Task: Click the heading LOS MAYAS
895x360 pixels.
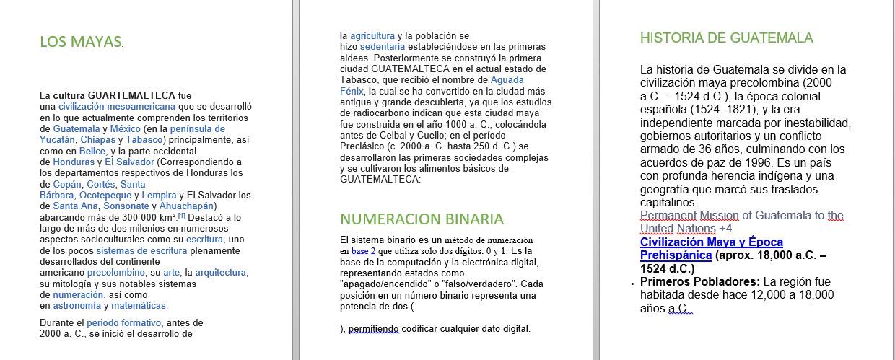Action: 81,42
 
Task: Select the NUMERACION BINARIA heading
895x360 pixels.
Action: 422,219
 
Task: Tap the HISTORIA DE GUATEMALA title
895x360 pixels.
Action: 726,38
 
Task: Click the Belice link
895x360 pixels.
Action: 92,151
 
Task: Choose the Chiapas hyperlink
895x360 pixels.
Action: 96,140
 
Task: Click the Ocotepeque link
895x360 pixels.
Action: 105,196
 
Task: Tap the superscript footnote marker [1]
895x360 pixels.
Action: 182,216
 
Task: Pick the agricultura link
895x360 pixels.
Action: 372,35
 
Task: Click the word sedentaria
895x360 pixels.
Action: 383,47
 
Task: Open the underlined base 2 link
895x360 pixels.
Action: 364,251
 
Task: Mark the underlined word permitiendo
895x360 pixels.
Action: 374,330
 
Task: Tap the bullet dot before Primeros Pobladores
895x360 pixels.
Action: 633,284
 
